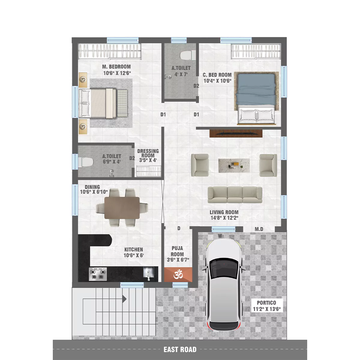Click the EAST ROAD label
point(180,349)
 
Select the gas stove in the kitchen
point(98,274)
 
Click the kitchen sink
point(148,273)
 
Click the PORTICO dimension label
point(267,309)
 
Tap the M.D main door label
point(259,229)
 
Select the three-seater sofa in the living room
point(235,195)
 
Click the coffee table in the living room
point(234,166)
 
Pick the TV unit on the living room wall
point(236,133)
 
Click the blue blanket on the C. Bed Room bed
point(256,91)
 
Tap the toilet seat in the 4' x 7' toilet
point(186,55)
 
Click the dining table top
point(122,208)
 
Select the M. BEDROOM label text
point(116,67)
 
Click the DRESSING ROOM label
point(148,153)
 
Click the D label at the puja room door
point(179,228)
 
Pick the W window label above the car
point(220,236)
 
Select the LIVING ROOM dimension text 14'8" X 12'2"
point(224,218)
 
